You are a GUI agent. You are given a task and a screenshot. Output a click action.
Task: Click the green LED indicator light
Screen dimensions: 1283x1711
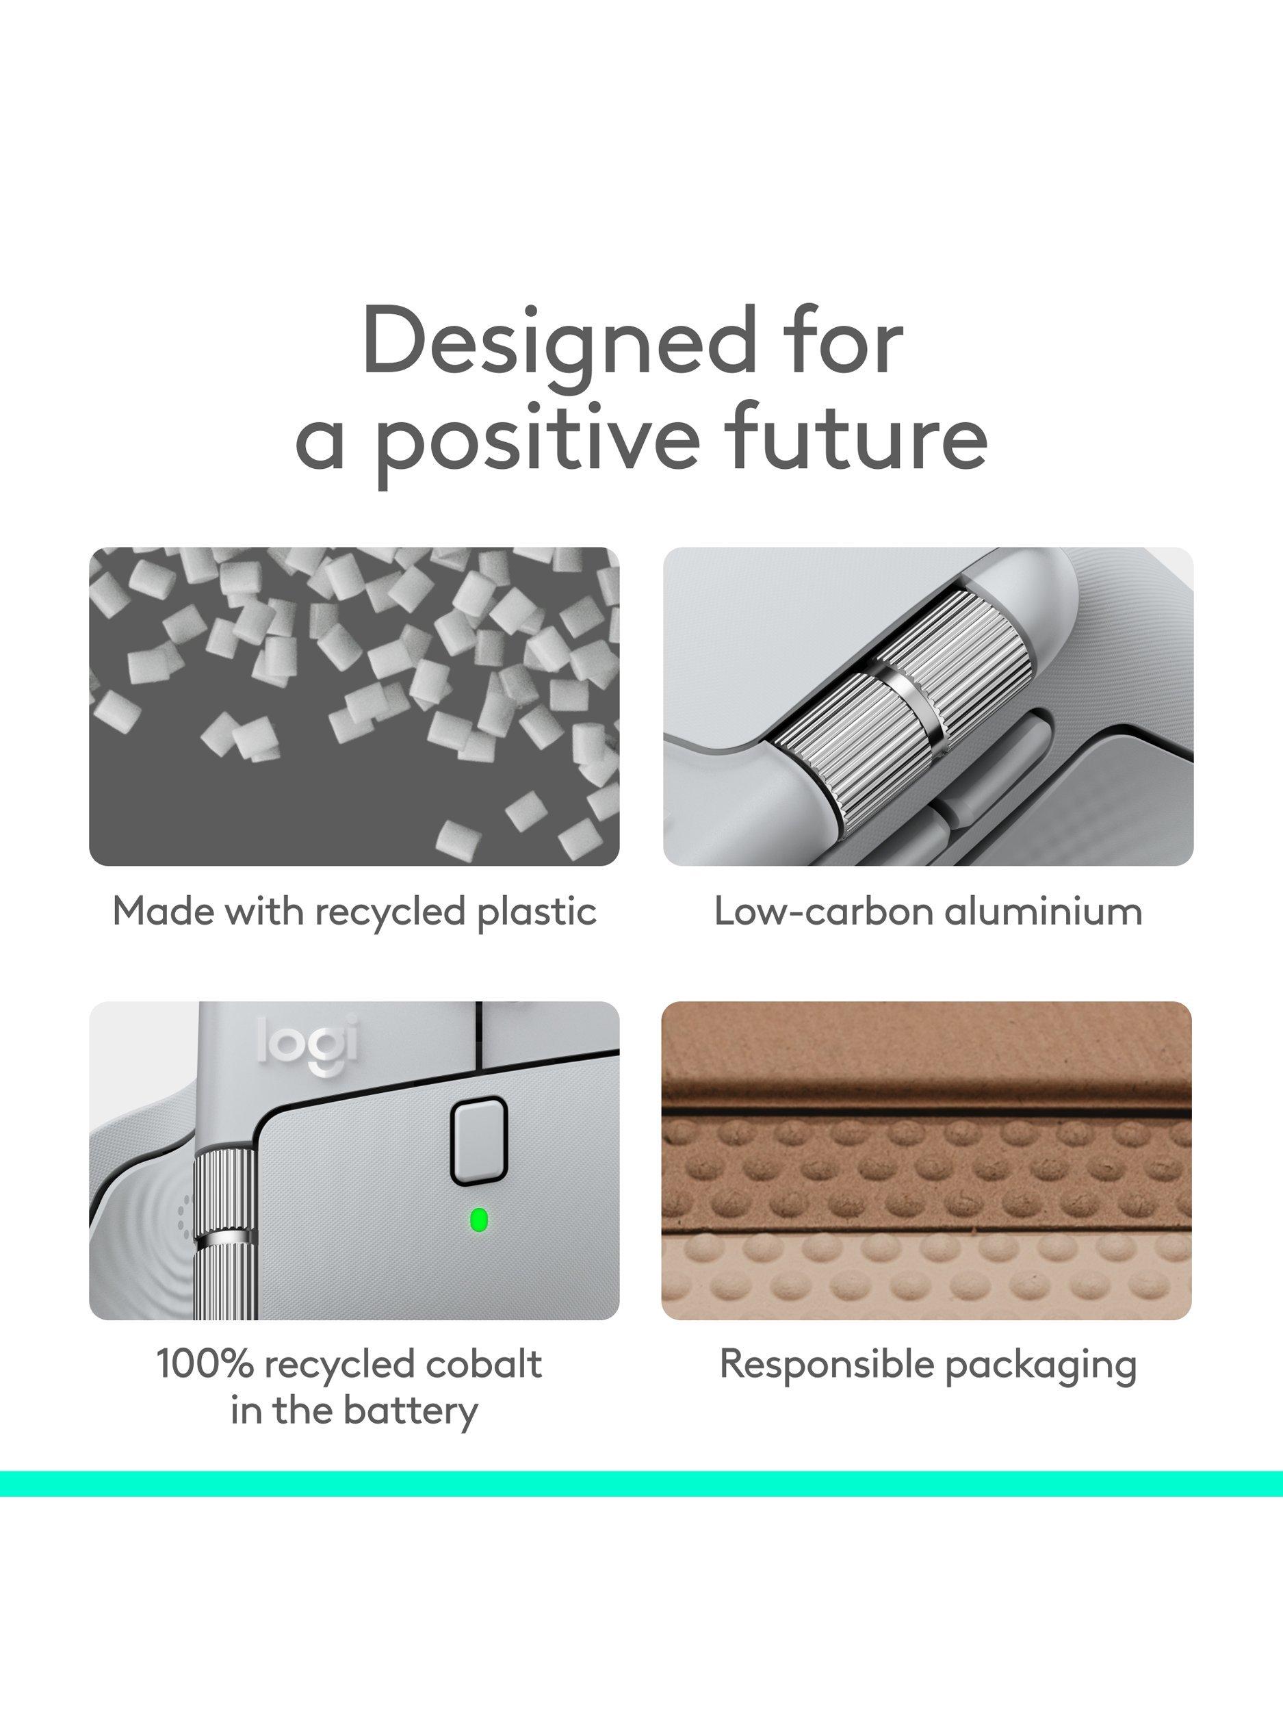click(x=479, y=1220)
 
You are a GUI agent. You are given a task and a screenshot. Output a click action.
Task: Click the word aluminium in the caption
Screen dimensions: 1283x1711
click(x=1044, y=911)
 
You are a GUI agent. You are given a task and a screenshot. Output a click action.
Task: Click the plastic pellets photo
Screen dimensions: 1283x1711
click(x=354, y=706)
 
